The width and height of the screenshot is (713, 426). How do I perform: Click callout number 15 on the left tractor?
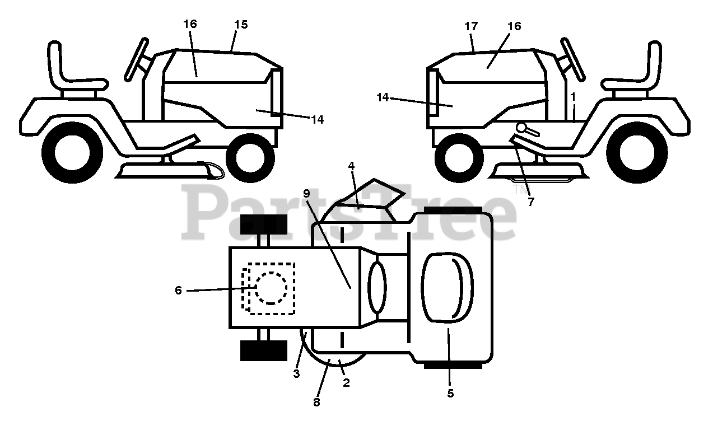point(241,25)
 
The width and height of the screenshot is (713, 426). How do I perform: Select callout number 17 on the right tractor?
point(470,26)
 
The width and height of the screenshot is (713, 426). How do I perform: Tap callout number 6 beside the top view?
point(179,291)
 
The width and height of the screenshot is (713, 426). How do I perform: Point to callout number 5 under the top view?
point(450,393)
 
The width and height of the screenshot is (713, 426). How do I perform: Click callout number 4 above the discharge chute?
point(351,166)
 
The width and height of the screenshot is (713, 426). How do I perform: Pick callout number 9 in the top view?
point(306,193)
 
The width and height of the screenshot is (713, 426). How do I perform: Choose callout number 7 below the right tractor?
point(530,202)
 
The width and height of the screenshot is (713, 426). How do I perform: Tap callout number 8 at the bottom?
point(316,402)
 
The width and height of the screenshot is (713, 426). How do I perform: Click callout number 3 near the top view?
point(296,373)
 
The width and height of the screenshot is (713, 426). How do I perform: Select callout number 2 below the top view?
point(346,383)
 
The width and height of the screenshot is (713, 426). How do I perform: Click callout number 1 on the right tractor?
point(573,96)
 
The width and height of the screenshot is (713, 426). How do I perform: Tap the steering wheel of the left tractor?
point(136,59)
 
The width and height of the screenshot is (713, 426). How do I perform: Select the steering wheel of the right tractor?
point(573,59)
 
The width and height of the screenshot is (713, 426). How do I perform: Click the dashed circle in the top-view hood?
point(272,288)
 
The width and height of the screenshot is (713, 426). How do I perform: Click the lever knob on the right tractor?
point(522,128)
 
